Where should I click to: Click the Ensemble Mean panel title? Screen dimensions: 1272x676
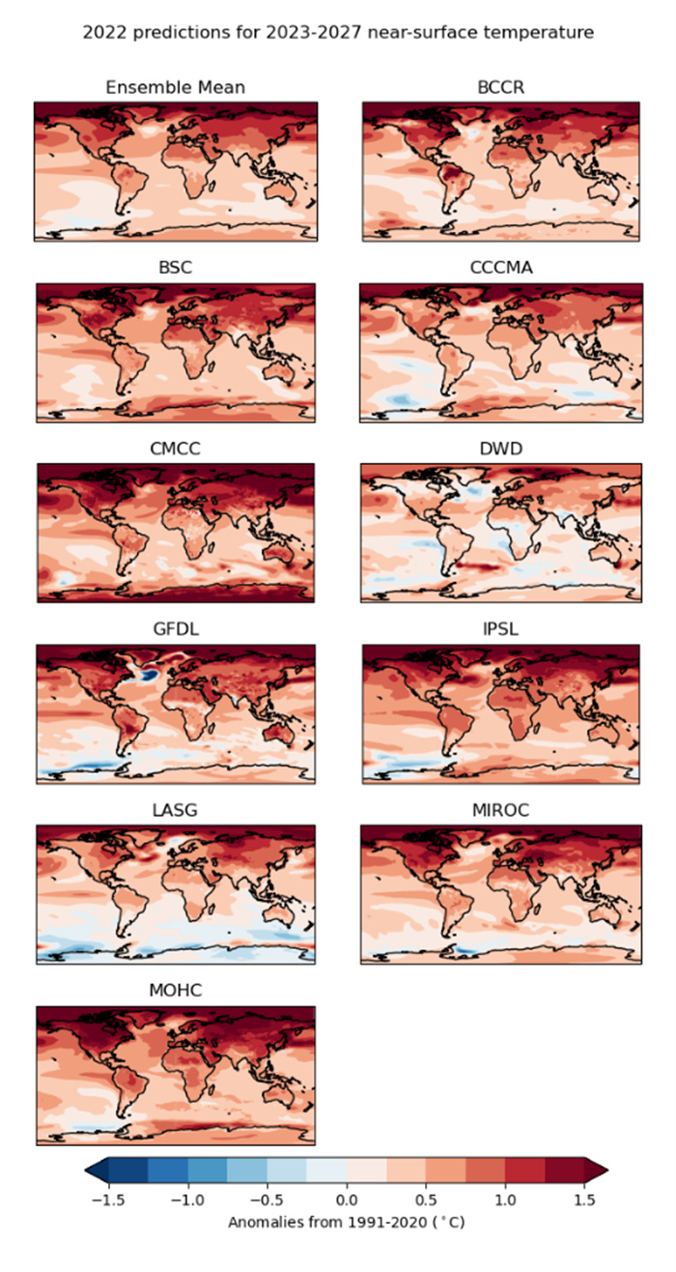tap(175, 88)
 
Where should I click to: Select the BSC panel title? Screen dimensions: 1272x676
tap(175, 268)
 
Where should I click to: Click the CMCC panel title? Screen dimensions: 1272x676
tap(175, 448)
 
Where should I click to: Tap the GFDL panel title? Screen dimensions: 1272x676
tap(175, 629)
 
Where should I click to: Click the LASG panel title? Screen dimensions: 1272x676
tap(175, 810)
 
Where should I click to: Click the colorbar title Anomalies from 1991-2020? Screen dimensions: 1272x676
tap(346, 1222)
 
